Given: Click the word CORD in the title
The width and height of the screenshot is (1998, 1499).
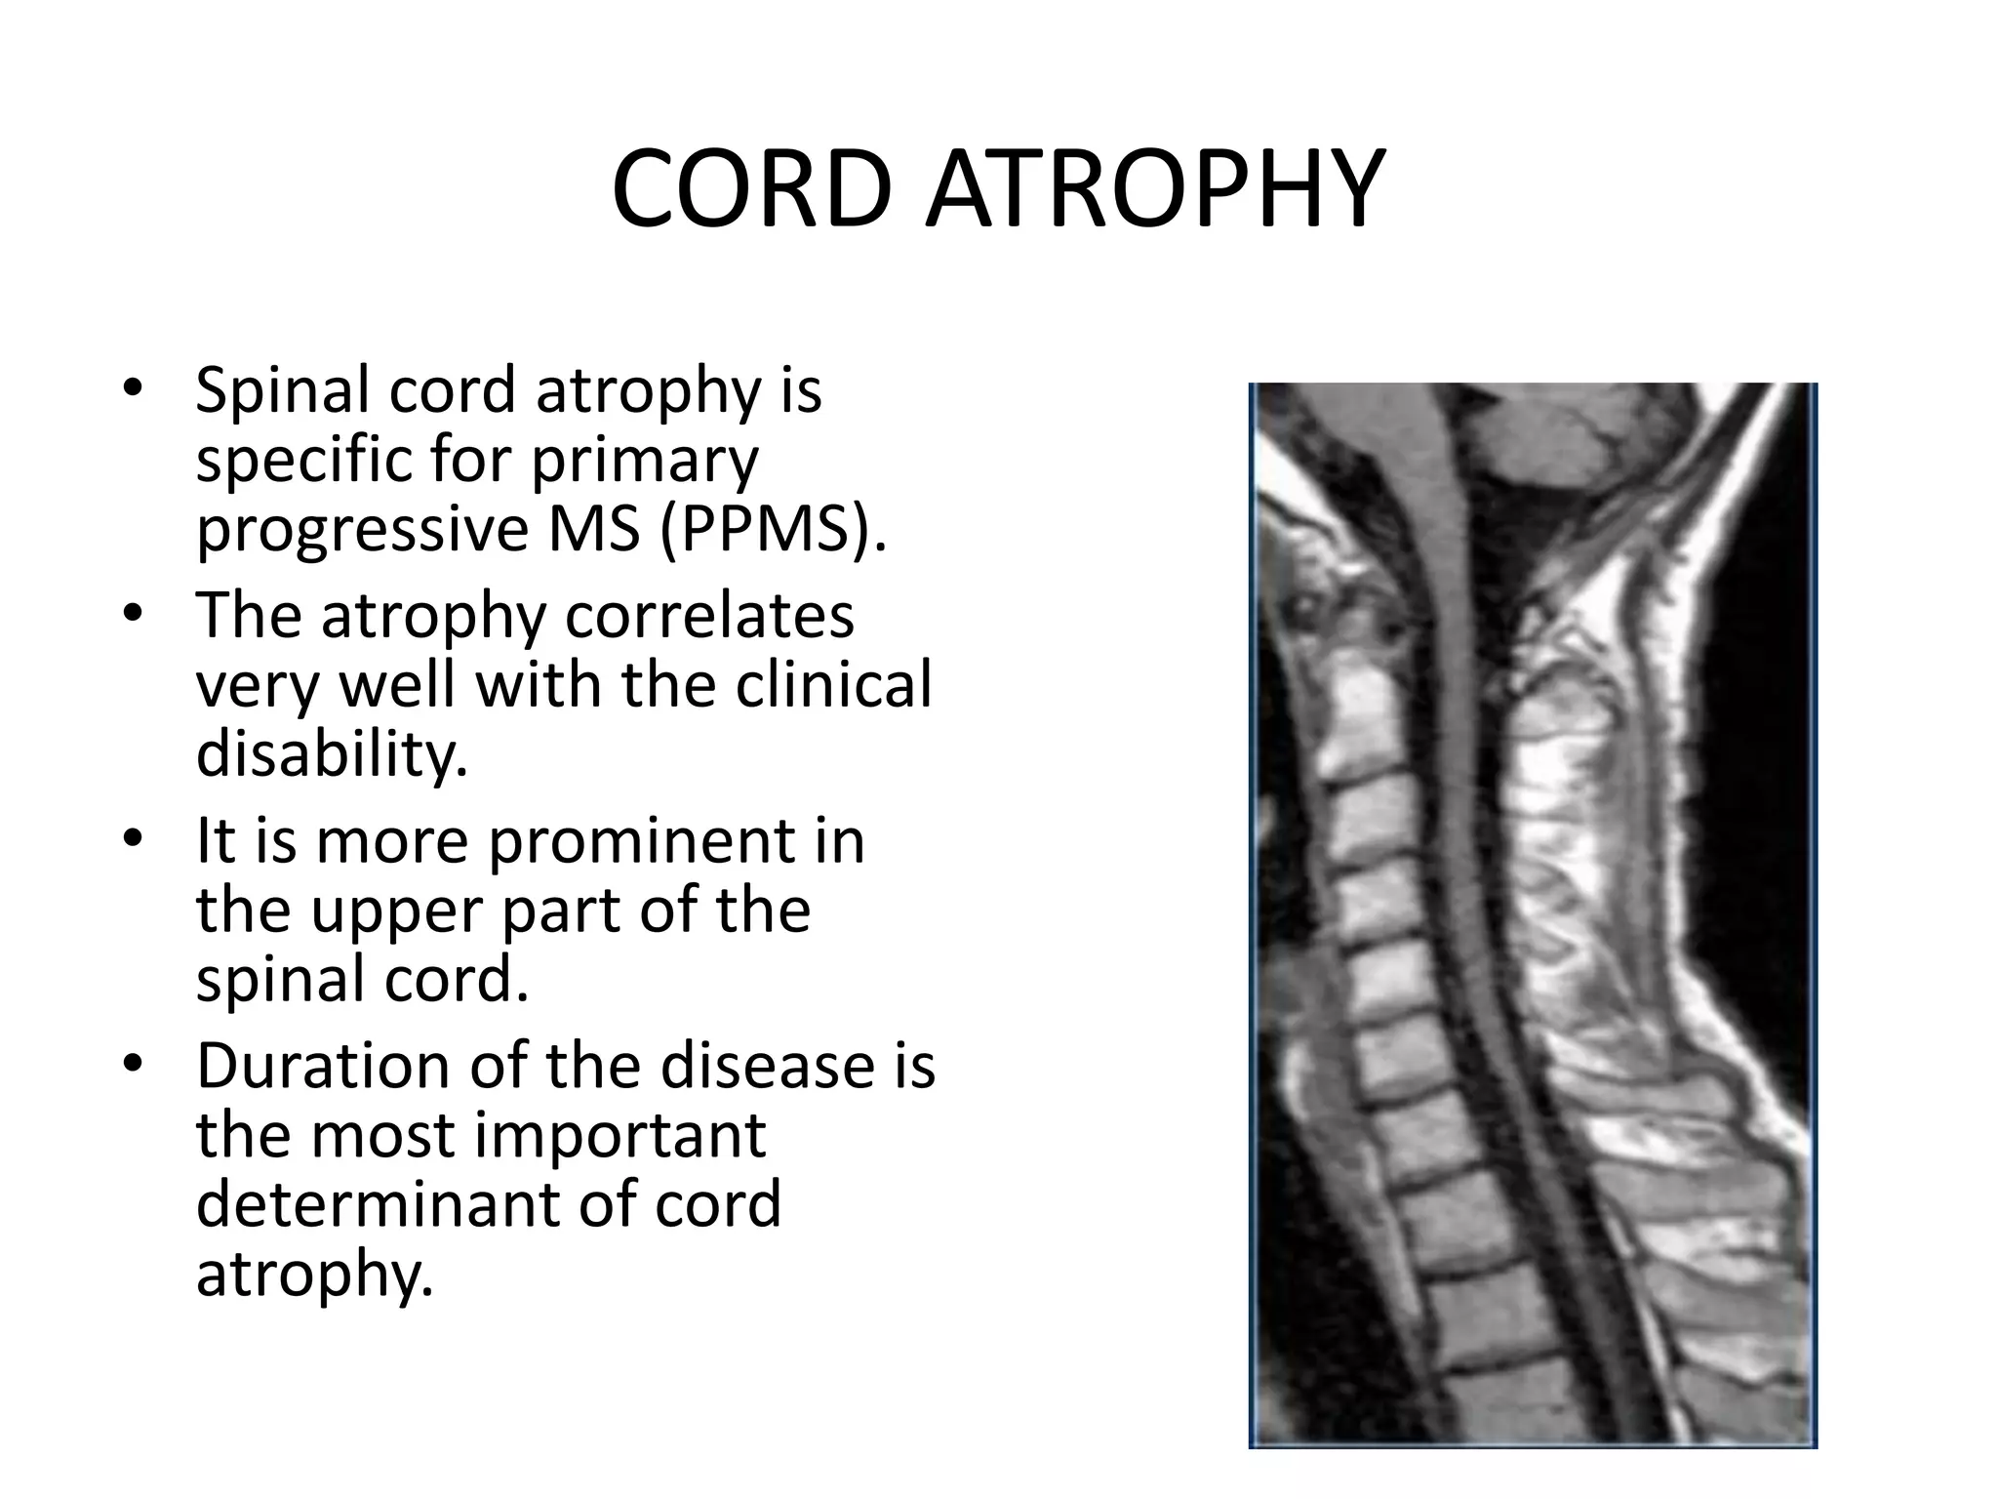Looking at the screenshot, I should [750, 189].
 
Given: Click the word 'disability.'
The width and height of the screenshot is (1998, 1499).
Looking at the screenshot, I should [332, 754].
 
